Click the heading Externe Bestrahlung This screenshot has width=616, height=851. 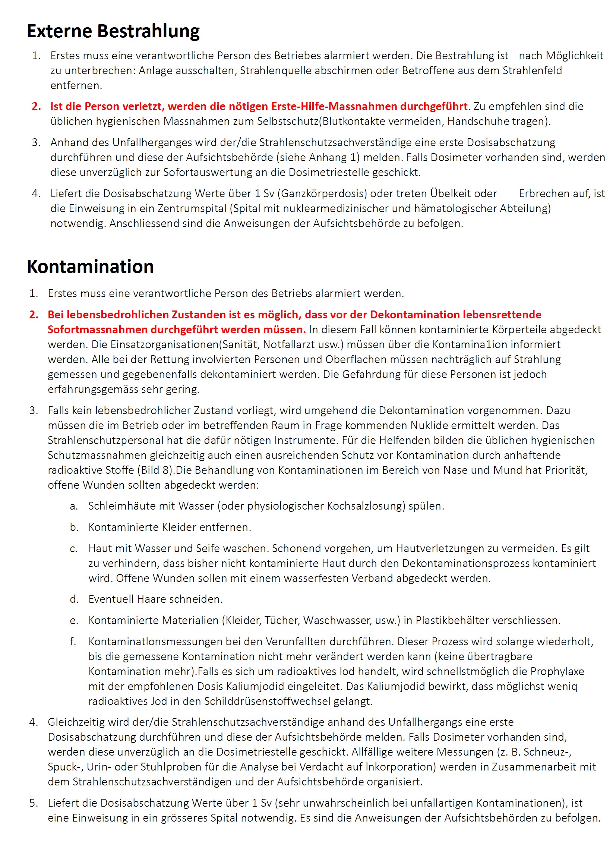coord(113,31)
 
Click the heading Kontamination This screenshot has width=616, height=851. coord(90,267)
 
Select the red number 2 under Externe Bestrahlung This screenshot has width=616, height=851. coord(36,106)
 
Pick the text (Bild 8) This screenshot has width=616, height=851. coord(156,470)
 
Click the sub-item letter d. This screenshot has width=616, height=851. coord(74,599)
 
